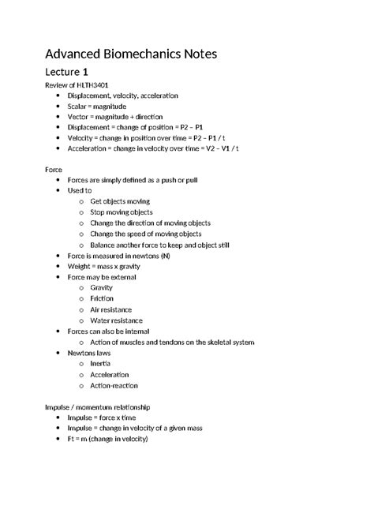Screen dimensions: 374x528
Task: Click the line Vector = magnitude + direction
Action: click(x=116, y=116)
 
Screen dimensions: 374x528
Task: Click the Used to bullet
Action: click(x=80, y=191)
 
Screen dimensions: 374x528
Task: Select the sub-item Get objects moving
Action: click(x=120, y=201)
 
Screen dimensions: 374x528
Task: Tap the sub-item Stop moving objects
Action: click(x=122, y=212)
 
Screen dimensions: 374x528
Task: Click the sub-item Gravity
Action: click(x=102, y=288)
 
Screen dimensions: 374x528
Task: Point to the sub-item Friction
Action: click(x=102, y=299)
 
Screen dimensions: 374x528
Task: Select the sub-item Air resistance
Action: click(x=111, y=310)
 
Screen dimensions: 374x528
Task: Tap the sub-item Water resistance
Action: click(x=116, y=320)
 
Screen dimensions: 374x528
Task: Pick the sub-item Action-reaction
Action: click(x=114, y=385)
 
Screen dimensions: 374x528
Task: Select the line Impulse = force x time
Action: click(x=102, y=418)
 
